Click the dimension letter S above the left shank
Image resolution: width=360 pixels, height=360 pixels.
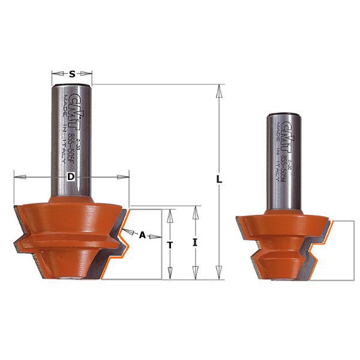[x=72, y=74]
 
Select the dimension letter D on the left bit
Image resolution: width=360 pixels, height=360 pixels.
[x=71, y=177]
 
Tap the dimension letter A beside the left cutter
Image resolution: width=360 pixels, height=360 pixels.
[x=142, y=235]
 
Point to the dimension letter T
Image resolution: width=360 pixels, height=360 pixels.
[x=170, y=245]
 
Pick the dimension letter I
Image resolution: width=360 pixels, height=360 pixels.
[x=195, y=242]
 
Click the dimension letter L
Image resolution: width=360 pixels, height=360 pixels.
[x=220, y=179]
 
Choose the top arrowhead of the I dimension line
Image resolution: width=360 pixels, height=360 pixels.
[x=195, y=211]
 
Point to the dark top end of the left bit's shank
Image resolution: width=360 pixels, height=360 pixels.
[x=72, y=87]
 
